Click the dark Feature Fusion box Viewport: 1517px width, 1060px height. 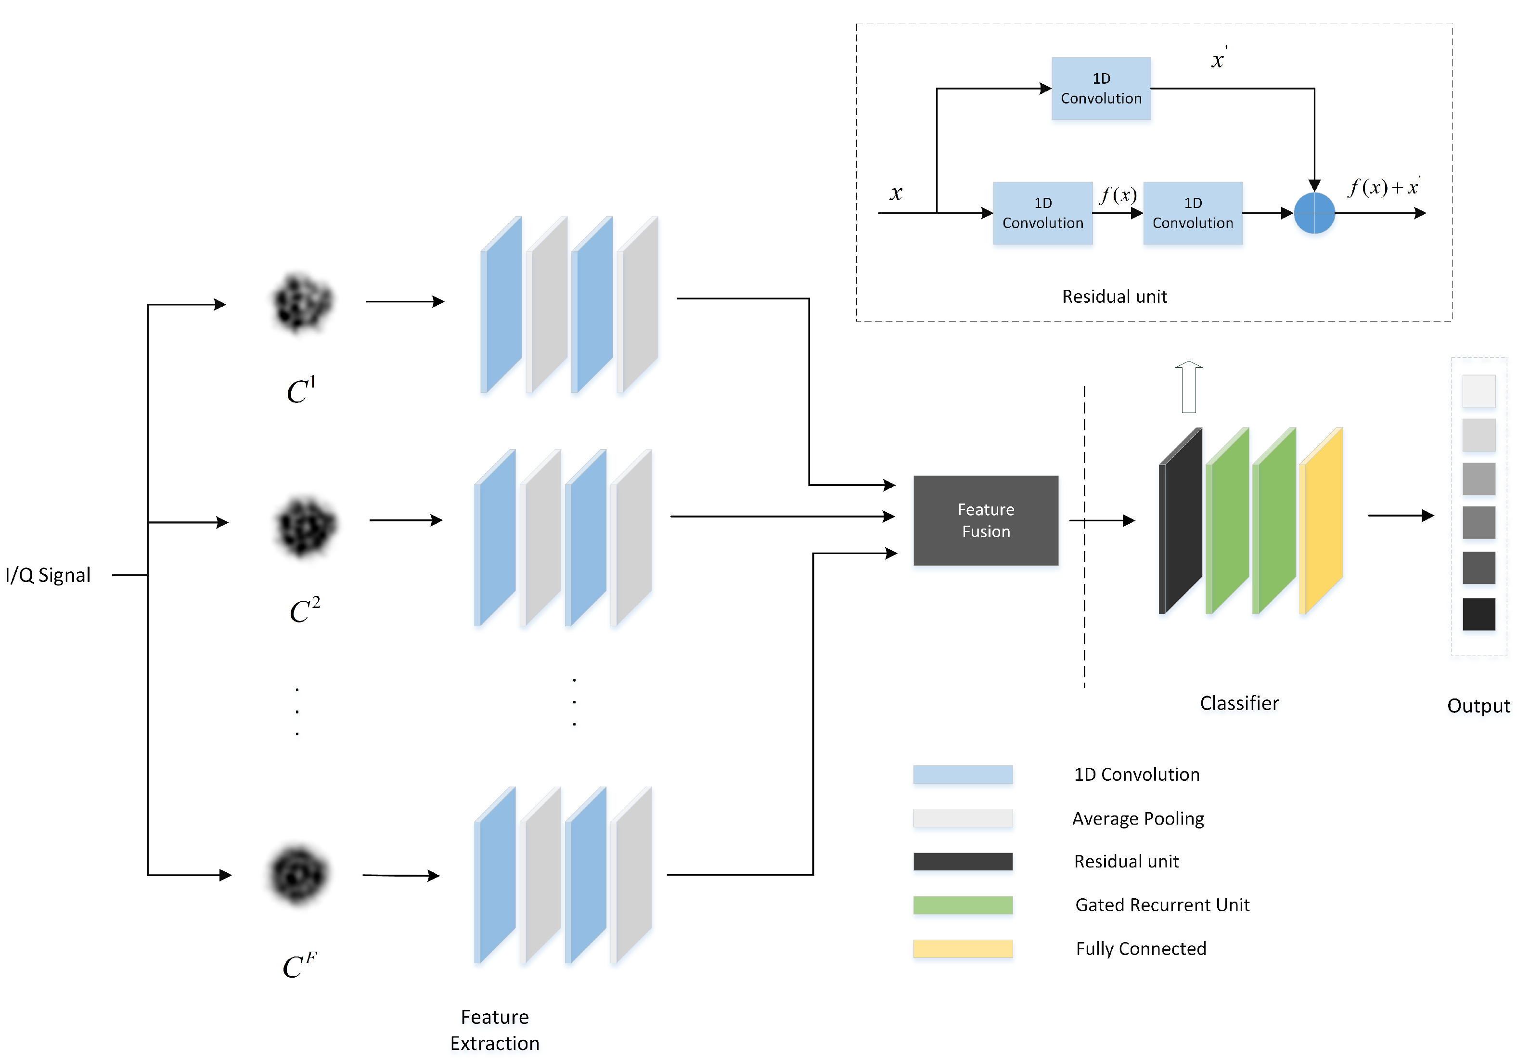click(986, 521)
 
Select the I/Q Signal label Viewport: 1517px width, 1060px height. click(48, 575)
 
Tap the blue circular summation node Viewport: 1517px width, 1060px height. click(1314, 213)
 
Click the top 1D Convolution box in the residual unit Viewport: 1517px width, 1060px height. click(1101, 89)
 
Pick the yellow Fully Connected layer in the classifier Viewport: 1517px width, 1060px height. click(1322, 521)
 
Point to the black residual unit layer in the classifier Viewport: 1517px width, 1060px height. click(1182, 521)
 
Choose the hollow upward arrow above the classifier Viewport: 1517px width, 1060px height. click(1189, 387)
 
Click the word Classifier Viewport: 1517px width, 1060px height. click(1239, 703)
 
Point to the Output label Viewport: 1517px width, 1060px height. click(1478, 706)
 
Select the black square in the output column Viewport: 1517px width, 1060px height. click(1478, 614)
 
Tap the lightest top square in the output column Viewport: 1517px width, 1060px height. click(1478, 391)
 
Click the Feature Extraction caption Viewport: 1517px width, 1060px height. click(495, 1030)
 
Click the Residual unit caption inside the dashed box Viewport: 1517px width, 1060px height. click(1115, 296)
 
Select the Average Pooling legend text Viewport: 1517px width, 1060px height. click(1138, 819)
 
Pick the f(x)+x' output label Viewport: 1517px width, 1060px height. click(1384, 187)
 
